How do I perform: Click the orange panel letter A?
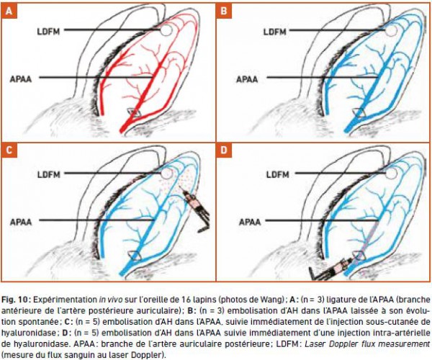point(9,11)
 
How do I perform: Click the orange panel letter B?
point(224,11)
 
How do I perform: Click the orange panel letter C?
point(9,150)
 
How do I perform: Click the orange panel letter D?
point(224,150)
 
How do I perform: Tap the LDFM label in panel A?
point(48,32)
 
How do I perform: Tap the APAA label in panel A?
point(21,79)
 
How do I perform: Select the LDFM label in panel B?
point(275,32)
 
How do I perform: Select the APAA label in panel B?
point(247,79)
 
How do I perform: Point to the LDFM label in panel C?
point(49,174)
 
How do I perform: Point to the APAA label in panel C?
point(21,222)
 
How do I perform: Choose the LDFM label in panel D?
point(278,174)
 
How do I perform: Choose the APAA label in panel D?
point(250,222)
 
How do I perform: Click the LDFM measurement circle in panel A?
point(166,30)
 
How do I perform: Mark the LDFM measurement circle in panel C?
point(166,174)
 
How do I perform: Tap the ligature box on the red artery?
point(134,112)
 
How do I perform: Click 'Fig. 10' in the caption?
point(16,300)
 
